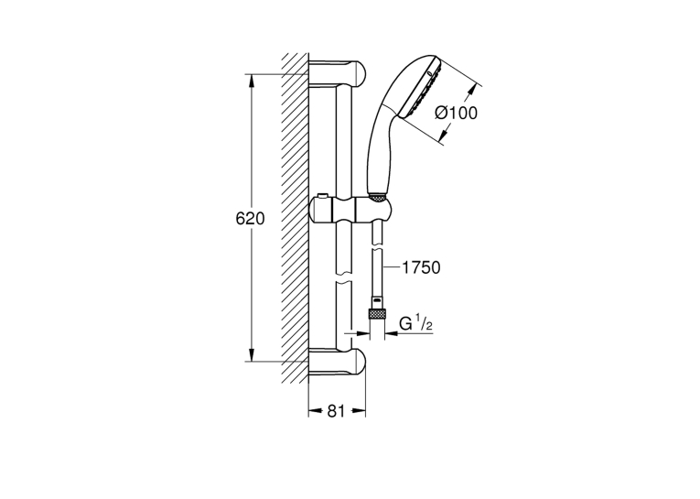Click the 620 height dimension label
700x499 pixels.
point(250,219)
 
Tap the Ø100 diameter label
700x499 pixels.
point(456,113)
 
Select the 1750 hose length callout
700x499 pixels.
point(421,267)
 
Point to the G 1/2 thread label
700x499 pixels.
point(415,323)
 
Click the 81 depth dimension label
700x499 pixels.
point(336,411)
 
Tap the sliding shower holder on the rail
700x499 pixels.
point(350,210)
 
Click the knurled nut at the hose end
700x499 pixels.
point(377,314)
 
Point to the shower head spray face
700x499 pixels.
point(422,88)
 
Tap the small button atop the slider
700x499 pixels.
point(321,197)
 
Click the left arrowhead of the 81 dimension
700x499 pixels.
point(316,411)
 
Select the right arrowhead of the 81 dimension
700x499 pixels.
point(359,411)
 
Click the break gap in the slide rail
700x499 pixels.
point(344,277)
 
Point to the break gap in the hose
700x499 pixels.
point(377,247)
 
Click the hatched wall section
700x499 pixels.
point(295,218)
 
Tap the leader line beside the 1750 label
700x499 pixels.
point(392,267)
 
